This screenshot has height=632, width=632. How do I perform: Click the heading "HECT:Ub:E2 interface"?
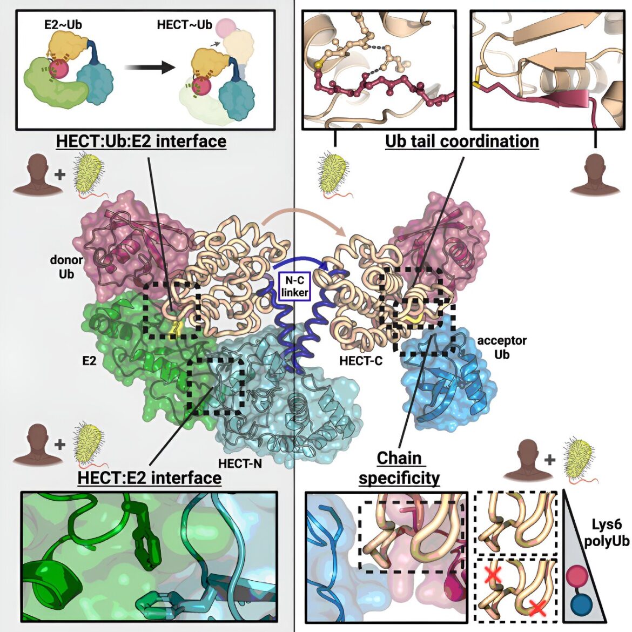click(x=141, y=142)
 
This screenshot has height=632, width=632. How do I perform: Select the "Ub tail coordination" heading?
click(x=462, y=142)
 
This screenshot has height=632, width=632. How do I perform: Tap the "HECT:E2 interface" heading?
click(x=150, y=478)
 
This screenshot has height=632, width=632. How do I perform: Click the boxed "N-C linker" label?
click(x=294, y=286)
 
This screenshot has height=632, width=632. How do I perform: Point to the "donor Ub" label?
click(x=66, y=267)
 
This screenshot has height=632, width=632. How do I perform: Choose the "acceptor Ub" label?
click(x=502, y=347)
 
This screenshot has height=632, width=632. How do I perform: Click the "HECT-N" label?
click(x=240, y=464)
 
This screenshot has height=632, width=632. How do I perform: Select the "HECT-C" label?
click(x=361, y=361)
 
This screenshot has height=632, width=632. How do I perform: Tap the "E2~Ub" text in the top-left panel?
click(x=63, y=25)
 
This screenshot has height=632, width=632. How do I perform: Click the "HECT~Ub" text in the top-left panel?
click(x=184, y=25)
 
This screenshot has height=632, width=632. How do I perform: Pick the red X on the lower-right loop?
click(x=537, y=607)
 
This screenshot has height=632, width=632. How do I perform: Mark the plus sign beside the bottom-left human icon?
click(x=59, y=445)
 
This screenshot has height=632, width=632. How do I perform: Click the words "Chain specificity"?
click(x=399, y=468)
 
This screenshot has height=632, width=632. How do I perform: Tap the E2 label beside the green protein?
click(x=89, y=361)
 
